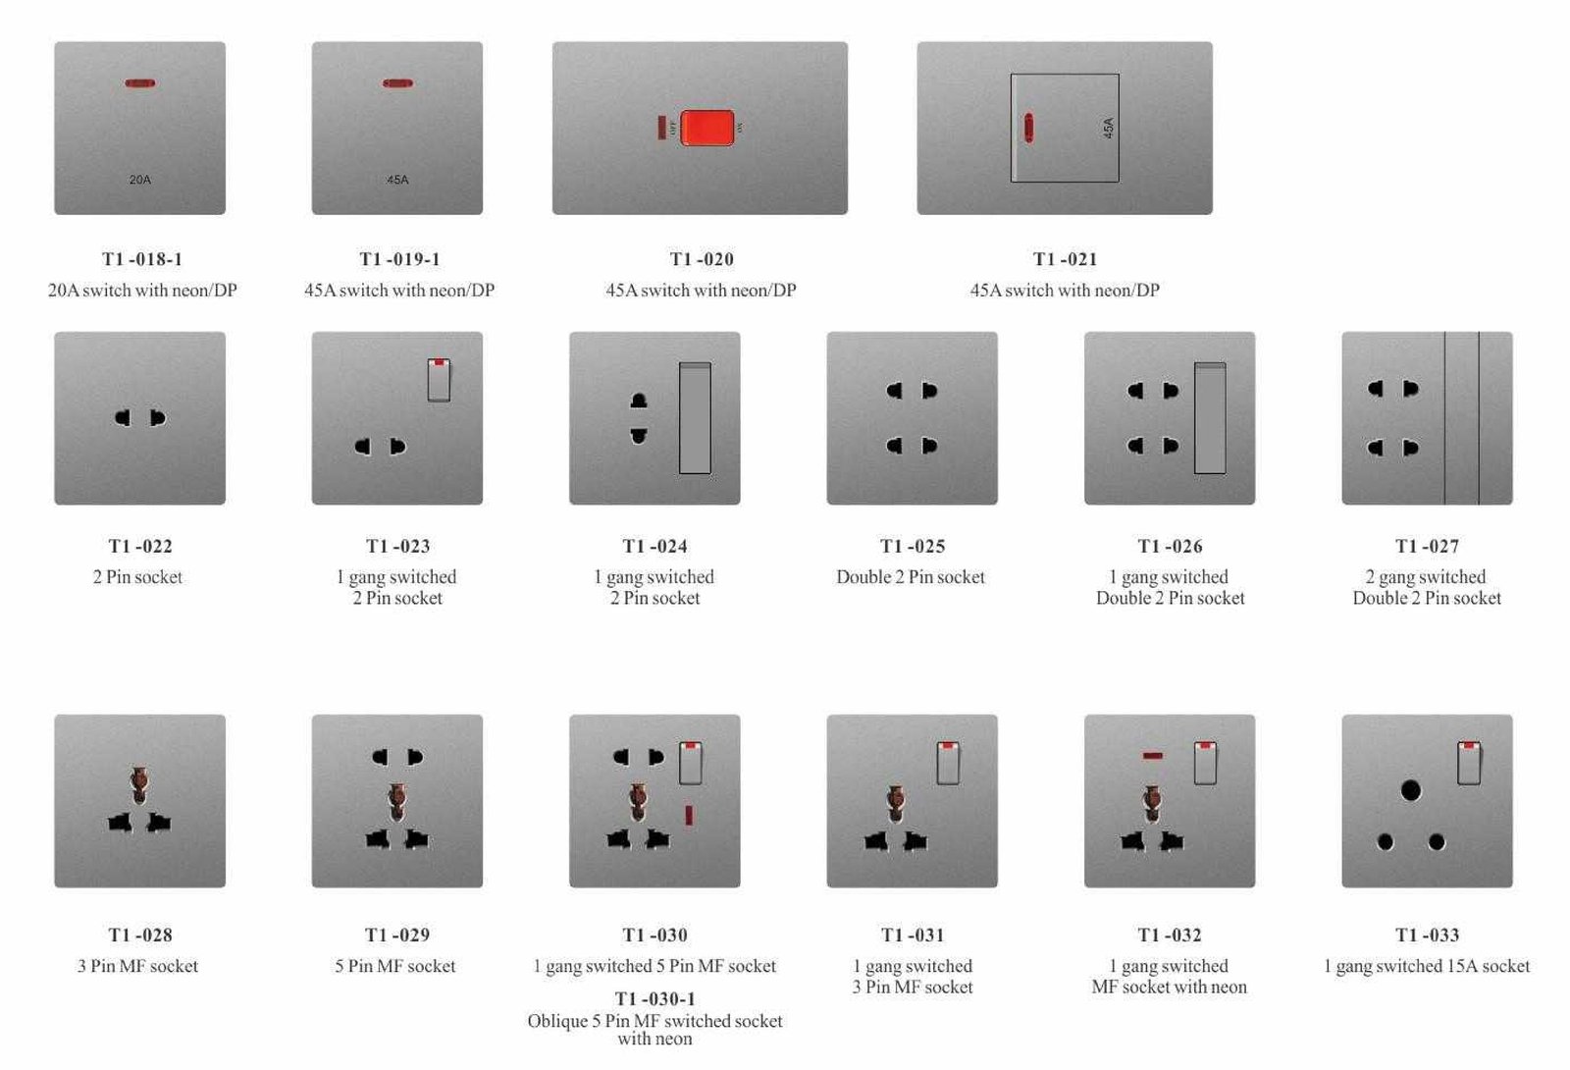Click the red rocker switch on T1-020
(x=707, y=128)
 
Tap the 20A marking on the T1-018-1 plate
(x=140, y=180)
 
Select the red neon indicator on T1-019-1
(x=397, y=83)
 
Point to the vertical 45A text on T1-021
(x=1108, y=128)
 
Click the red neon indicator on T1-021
(x=1028, y=128)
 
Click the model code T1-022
(x=140, y=546)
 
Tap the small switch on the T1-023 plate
(x=439, y=380)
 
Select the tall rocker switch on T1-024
(x=695, y=418)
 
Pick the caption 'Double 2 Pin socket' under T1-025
(x=911, y=577)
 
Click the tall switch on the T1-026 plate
(x=1210, y=418)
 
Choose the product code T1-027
(x=1427, y=546)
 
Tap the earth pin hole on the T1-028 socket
(x=139, y=785)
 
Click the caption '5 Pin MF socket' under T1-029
(x=395, y=966)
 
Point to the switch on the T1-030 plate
(x=691, y=762)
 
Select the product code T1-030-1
(x=654, y=998)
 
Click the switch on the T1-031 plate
(x=948, y=762)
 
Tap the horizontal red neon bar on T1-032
(x=1152, y=756)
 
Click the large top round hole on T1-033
(x=1411, y=791)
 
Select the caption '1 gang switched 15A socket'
(x=1427, y=966)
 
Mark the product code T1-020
(x=702, y=259)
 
